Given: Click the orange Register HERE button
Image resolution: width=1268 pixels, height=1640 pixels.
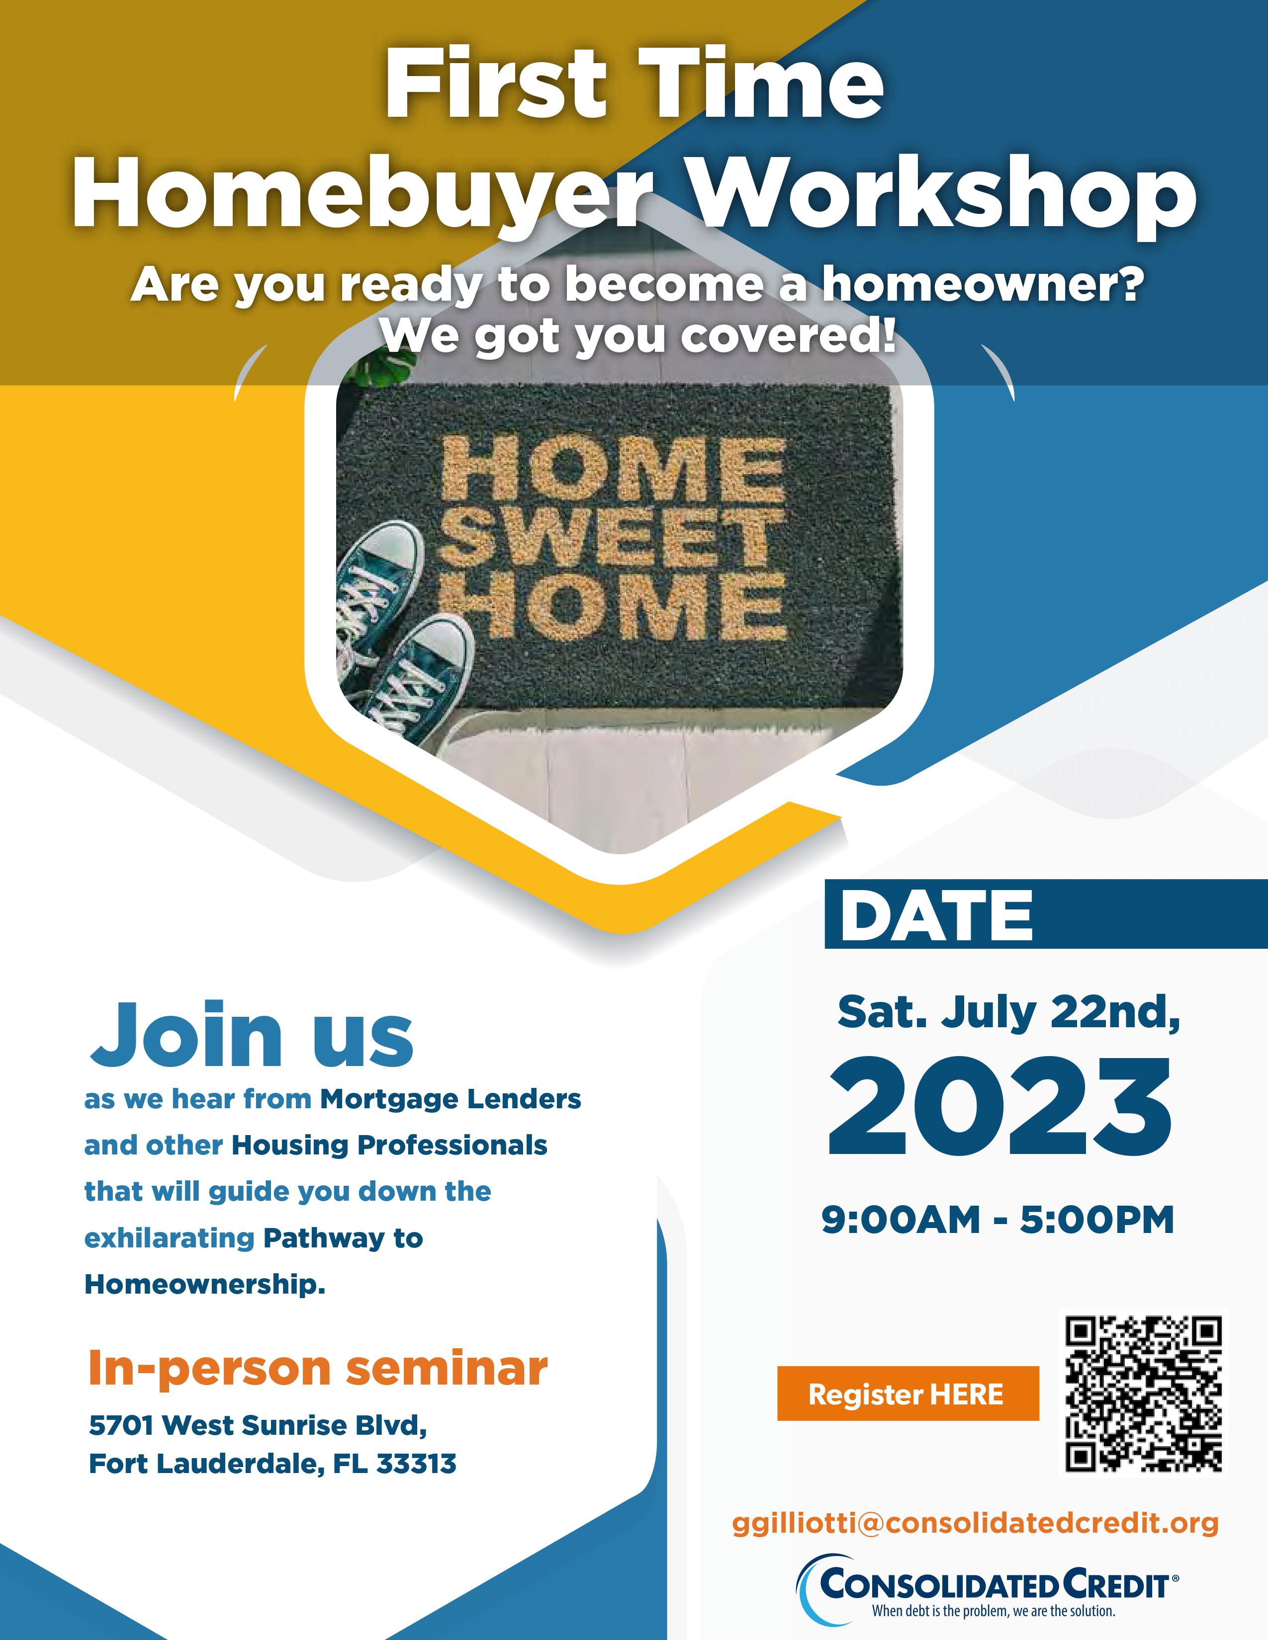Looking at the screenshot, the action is pyautogui.click(x=907, y=1393).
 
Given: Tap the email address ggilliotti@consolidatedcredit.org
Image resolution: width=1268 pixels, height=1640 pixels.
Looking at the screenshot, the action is pyautogui.click(x=975, y=1523).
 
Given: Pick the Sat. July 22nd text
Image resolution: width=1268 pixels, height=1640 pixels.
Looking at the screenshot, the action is pyautogui.click(x=1009, y=1013).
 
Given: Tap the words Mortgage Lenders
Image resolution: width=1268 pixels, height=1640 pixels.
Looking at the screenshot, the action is pyautogui.click(x=451, y=1099).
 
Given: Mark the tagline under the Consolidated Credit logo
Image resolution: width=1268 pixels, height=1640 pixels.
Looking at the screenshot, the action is pyautogui.click(x=993, y=1611).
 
